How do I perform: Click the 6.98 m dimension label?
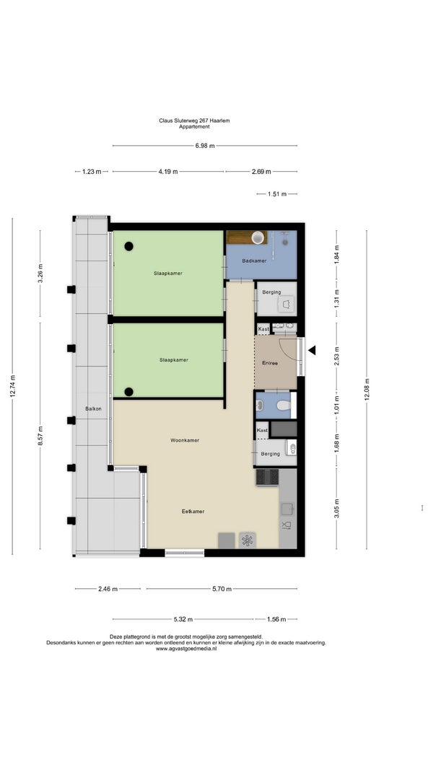coord(205,145)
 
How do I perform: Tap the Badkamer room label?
coord(254,261)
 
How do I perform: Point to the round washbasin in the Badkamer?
coord(258,237)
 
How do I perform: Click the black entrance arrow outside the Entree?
coord(312,350)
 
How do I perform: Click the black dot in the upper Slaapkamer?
coord(128,247)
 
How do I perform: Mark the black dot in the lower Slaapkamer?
coord(128,391)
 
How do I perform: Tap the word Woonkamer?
coord(185,440)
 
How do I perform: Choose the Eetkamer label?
coord(193,511)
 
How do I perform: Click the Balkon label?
coord(93,408)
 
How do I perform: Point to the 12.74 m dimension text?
coord(13,387)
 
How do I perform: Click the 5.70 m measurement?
coord(222,589)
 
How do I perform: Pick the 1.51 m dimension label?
coord(277,194)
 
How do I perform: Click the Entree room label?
coord(270,364)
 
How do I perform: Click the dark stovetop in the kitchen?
coord(267,477)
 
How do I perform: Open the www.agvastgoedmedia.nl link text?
coord(186,649)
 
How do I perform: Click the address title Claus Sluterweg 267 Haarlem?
coord(194,121)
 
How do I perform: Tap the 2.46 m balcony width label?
coord(108,589)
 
